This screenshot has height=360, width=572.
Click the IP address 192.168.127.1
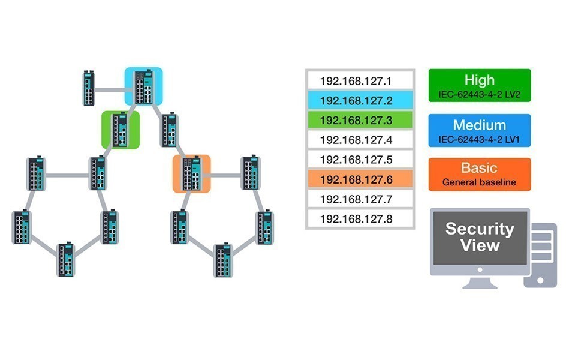[x=356, y=81]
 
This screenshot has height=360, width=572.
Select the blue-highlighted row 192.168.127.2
[x=360, y=100]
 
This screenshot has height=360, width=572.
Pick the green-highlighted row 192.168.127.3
[x=360, y=120]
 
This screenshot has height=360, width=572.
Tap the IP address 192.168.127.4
[x=356, y=140]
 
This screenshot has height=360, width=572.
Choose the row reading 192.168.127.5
[x=360, y=160]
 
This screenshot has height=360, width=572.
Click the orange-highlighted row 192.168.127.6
[x=360, y=179]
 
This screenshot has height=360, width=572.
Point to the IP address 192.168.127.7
[x=356, y=199]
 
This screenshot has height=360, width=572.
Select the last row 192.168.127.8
[x=360, y=219]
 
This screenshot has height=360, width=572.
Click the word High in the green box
[x=479, y=80]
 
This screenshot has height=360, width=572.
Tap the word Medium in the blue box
[x=479, y=125]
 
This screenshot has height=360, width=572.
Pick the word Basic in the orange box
[x=479, y=168]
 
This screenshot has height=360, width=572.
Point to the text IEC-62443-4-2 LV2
[x=479, y=95]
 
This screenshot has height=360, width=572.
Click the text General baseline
[x=479, y=182]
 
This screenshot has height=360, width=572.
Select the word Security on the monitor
[x=480, y=229]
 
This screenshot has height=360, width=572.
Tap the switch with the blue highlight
[x=144, y=87]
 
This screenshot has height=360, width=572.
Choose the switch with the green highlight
[x=121, y=130]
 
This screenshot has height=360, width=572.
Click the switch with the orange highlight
[x=192, y=173]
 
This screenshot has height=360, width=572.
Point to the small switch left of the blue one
[x=89, y=88]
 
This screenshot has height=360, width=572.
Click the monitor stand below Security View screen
[x=480, y=282]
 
